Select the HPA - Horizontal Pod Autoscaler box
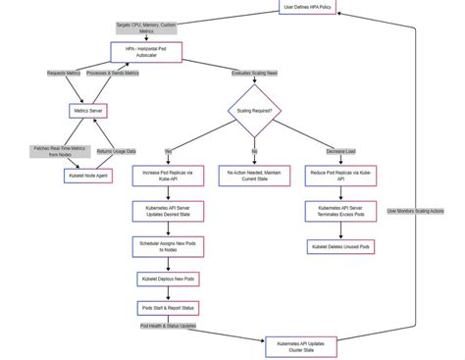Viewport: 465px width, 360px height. [x=146, y=51]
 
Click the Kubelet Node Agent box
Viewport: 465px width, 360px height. [x=87, y=175]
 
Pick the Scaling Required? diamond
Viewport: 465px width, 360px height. [x=255, y=111]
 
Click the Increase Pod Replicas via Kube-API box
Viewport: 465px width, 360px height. [x=168, y=176]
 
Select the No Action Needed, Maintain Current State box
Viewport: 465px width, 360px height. [x=254, y=176]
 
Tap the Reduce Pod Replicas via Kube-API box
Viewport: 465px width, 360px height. [x=340, y=176]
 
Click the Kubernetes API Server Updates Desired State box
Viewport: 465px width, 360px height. [x=168, y=212]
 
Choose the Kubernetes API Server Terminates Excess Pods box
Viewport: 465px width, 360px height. [x=340, y=212]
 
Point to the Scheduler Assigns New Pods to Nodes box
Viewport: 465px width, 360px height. [x=168, y=246]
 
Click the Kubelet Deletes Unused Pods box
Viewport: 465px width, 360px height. [x=340, y=247]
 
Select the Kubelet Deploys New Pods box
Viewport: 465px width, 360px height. [x=168, y=280]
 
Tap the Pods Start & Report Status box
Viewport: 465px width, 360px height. [x=168, y=308]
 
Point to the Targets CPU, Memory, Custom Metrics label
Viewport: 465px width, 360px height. [x=146, y=26]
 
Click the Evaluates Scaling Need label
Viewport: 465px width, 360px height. [x=254, y=73]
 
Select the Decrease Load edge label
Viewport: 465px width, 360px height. [x=341, y=151]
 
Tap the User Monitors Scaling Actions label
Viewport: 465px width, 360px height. [x=415, y=211]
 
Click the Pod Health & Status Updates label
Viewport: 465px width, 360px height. [x=168, y=326]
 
